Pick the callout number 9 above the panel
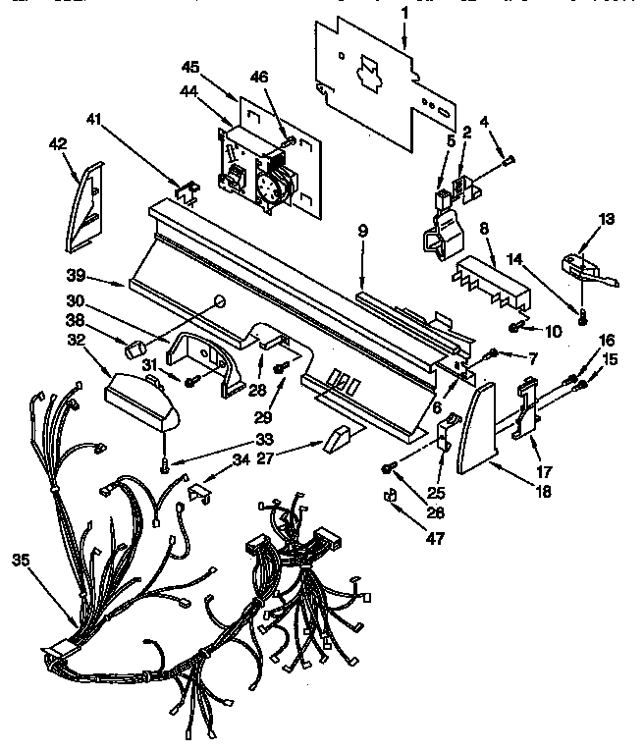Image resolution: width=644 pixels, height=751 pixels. [x=362, y=231]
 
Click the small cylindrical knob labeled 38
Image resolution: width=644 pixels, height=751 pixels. [x=137, y=347]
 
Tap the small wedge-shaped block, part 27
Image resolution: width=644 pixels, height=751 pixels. [x=334, y=436]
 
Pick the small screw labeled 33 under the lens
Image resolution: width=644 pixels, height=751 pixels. [x=165, y=462]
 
